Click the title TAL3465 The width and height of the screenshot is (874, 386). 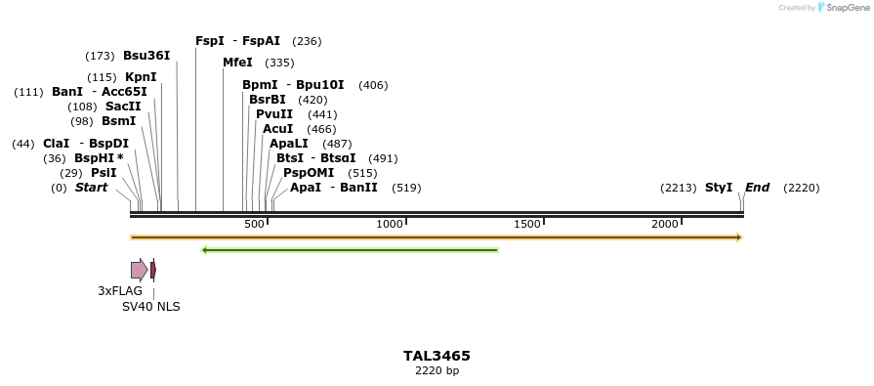pos(437,356)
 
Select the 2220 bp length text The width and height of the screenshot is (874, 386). pos(437,370)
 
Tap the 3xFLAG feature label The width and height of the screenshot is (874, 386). pos(120,290)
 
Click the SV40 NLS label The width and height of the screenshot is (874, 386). pos(150,306)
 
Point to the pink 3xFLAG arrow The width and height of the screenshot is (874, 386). pos(139,270)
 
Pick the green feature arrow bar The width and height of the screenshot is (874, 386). pos(350,250)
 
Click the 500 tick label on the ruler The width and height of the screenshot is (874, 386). pos(254,225)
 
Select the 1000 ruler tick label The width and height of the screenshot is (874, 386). pos(390,225)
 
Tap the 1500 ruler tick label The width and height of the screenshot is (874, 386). pos(527,225)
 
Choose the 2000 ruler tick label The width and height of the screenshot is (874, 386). pos(665,225)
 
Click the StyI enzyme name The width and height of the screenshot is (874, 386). pos(719,188)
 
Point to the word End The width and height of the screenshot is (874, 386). pos(757,188)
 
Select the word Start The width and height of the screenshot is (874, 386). pos(91,188)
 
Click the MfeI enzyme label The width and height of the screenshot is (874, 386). pos(237,63)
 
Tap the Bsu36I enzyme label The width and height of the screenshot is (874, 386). pos(146,56)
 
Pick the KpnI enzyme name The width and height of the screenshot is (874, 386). pos(141,77)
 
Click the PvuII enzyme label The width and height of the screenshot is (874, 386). pos(274,114)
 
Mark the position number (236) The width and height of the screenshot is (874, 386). pos(307,41)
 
